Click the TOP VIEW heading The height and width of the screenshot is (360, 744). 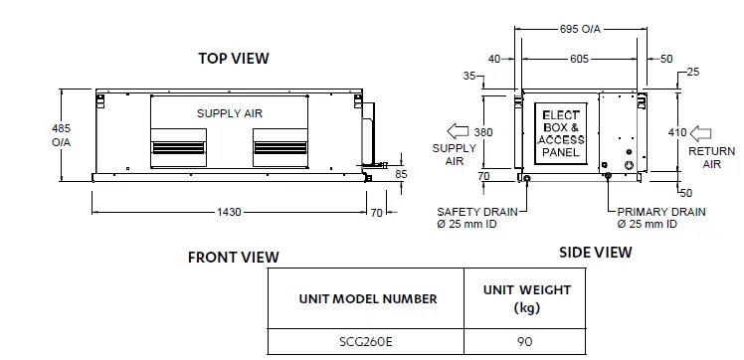(x=233, y=59)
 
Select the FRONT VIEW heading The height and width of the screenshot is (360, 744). (x=234, y=258)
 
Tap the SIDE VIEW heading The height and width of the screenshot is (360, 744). (x=595, y=253)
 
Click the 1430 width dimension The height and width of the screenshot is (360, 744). (x=228, y=212)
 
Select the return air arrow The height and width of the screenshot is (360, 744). (x=701, y=132)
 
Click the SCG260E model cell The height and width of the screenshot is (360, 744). (x=366, y=341)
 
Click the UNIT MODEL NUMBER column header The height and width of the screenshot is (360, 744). (x=366, y=297)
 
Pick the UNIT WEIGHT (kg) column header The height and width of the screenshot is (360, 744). (x=526, y=298)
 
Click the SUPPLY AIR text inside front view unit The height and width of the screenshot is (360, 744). (x=229, y=114)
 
